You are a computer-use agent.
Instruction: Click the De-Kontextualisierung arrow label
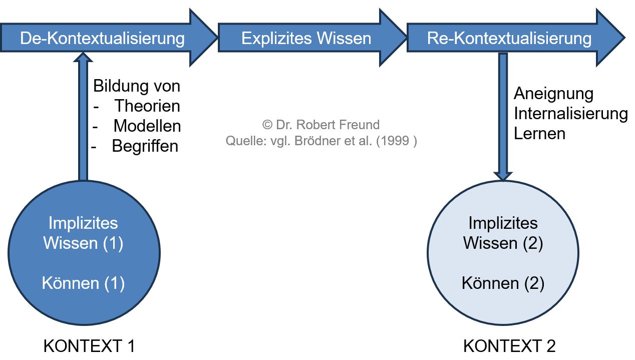[x=102, y=39]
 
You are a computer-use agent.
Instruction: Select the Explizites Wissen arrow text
[x=306, y=39]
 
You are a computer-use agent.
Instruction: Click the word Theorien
[x=147, y=106]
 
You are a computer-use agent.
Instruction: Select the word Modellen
[x=147, y=126]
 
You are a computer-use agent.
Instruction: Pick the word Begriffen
[x=145, y=146]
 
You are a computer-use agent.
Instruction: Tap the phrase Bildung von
[x=136, y=86]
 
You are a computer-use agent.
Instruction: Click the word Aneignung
[x=546, y=94]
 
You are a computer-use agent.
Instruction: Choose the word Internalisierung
[x=570, y=114]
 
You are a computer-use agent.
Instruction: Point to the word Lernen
[x=539, y=134]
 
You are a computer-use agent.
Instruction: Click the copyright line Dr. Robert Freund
[x=321, y=125]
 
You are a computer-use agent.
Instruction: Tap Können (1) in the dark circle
[x=83, y=283]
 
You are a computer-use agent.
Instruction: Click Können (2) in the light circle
[x=503, y=283]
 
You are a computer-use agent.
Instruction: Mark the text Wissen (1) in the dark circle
[x=83, y=243]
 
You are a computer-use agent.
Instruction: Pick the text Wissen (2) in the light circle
[x=503, y=243]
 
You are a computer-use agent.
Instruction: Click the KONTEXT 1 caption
[x=89, y=346]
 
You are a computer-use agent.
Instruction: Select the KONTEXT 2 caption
[x=509, y=346]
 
